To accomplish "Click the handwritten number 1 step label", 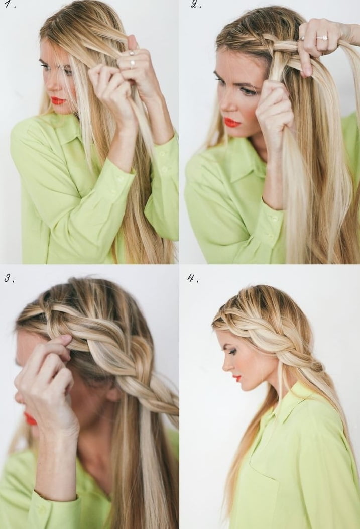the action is click(x=11, y=5).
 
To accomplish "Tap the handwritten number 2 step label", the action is click(x=195, y=4).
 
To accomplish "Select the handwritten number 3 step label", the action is click(x=9, y=279).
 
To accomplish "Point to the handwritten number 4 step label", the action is click(x=192, y=278).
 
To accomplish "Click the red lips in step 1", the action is click(x=58, y=100).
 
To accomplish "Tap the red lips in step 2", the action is click(x=232, y=122).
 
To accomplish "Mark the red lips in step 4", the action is click(x=238, y=378).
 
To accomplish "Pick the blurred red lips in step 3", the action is click(x=30, y=418).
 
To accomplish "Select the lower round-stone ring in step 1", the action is click(x=133, y=63).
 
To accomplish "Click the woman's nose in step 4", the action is click(x=225, y=364).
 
